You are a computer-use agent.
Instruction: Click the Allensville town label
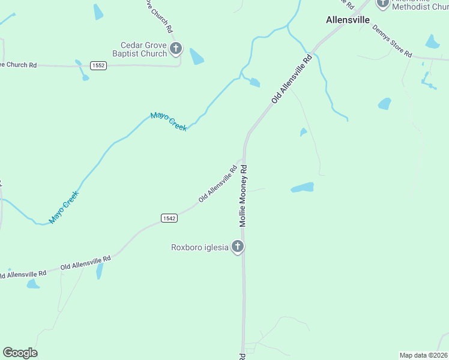(348, 19)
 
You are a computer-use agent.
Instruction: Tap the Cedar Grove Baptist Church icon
(175, 49)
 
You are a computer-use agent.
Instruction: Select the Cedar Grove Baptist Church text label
(143, 49)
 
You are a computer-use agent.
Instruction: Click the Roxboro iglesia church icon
(238, 247)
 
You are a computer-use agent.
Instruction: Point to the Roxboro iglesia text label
(199, 247)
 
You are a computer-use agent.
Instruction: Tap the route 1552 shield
(99, 65)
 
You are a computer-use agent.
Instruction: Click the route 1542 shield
(169, 218)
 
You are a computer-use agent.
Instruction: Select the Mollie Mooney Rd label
(244, 196)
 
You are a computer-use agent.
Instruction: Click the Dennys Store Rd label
(392, 41)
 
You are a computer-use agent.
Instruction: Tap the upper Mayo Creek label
(169, 121)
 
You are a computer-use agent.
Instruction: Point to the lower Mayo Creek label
(64, 207)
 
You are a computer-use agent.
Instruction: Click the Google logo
(20, 353)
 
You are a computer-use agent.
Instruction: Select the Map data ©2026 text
(423, 355)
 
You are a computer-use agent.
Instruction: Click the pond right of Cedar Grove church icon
(196, 56)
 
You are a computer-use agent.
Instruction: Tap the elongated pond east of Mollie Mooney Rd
(303, 188)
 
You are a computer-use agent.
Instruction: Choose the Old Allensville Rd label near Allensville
(292, 79)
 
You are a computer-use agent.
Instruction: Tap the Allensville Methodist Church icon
(383, 3)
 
